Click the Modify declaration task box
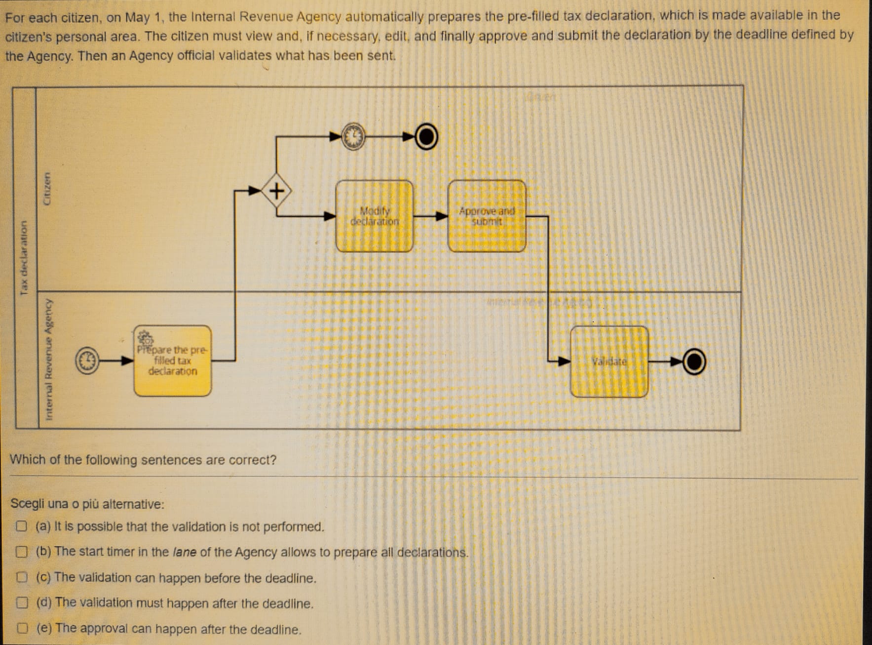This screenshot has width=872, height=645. (x=374, y=216)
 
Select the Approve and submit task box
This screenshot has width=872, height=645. (x=487, y=216)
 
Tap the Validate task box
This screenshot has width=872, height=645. (x=609, y=362)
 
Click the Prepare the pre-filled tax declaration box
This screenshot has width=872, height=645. (x=172, y=361)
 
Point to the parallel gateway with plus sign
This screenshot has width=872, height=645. (x=277, y=190)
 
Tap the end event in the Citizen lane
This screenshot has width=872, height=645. (x=426, y=137)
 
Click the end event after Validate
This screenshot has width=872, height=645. (x=694, y=362)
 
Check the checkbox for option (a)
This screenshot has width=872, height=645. (x=21, y=526)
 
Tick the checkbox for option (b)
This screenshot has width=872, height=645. (x=21, y=552)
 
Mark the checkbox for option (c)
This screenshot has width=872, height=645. (x=21, y=577)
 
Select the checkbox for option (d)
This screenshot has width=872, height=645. (x=21, y=603)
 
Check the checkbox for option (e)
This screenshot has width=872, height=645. (x=21, y=628)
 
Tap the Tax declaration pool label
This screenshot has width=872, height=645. (x=23, y=257)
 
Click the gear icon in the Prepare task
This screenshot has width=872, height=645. (x=145, y=338)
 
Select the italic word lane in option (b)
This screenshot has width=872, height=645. (x=184, y=552)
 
